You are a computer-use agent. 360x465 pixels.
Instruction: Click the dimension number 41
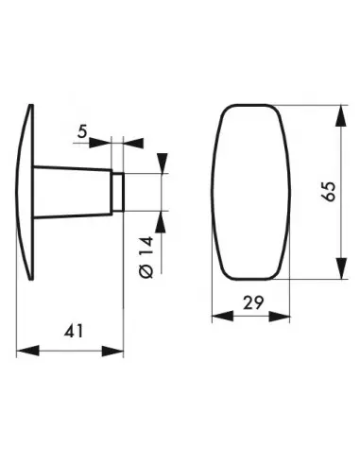coord(74,332)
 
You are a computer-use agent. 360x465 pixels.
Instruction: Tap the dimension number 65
coord(329,191)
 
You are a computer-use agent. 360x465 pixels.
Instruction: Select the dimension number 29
coord(253,303)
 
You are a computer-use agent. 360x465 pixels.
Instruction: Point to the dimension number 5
coord(82,131)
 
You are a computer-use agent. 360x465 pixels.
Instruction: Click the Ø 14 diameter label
coord(146,257)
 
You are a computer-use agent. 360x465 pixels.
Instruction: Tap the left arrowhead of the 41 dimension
coord(27,351)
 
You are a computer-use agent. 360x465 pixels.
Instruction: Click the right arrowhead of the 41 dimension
coord(112,351)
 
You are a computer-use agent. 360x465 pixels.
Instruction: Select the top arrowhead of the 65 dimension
coord(341,115)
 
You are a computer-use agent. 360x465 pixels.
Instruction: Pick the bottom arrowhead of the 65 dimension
coord(341,268)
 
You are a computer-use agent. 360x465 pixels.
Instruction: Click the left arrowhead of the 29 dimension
coord(223,316)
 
